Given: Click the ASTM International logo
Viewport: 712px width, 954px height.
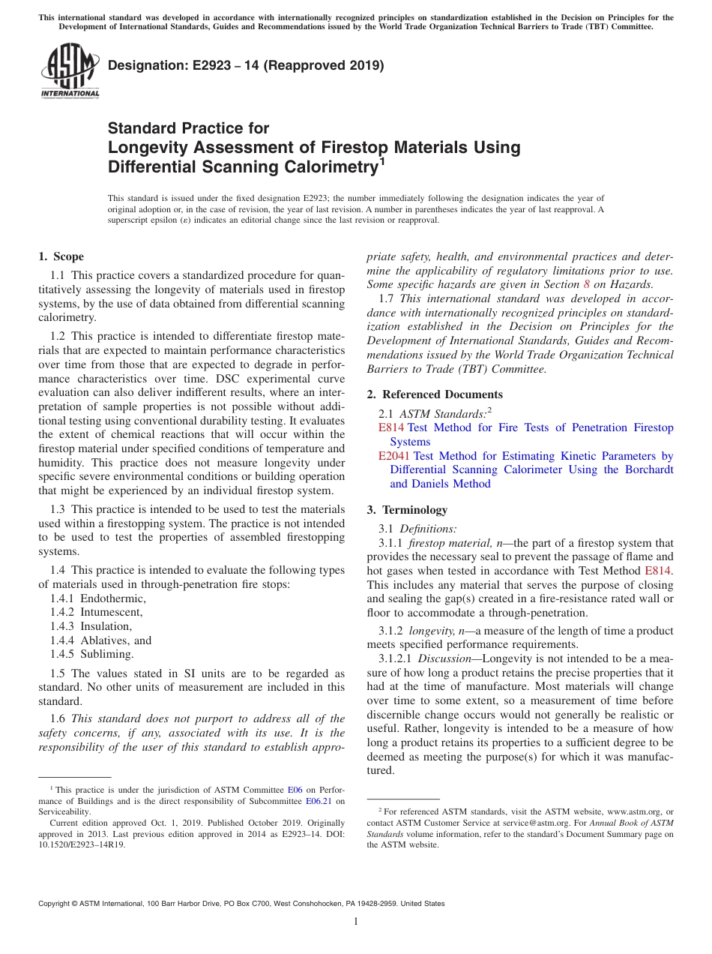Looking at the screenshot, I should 70,71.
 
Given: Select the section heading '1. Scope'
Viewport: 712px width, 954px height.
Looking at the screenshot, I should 61,256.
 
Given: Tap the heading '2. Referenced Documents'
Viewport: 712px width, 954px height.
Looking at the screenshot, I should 435,394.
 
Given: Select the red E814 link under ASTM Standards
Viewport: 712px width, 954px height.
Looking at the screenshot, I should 391,427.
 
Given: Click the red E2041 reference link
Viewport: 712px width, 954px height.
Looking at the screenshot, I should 394,456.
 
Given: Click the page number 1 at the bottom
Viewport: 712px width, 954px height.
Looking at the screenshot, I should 356,922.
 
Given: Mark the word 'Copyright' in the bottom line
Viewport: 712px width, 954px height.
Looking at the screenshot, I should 57,904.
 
